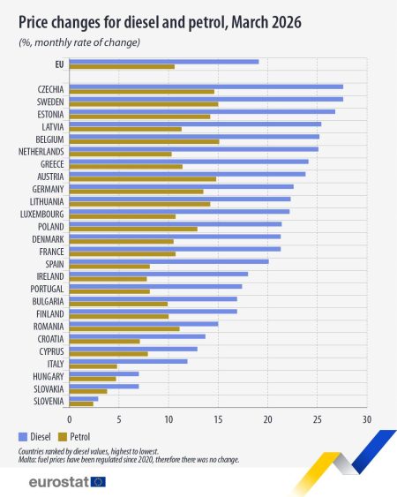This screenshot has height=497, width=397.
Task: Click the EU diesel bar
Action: (163, 61)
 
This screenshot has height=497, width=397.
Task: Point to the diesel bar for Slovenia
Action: (83, 399)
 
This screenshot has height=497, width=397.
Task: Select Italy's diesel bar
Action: (128, 361)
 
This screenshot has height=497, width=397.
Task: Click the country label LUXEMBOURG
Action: (41, 214)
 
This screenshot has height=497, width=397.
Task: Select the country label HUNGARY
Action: (48, 376)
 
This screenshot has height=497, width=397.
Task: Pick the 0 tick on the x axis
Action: (70, 419)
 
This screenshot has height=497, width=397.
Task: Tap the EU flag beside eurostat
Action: (97, 482)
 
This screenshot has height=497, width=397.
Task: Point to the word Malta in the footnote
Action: (26, 458)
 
